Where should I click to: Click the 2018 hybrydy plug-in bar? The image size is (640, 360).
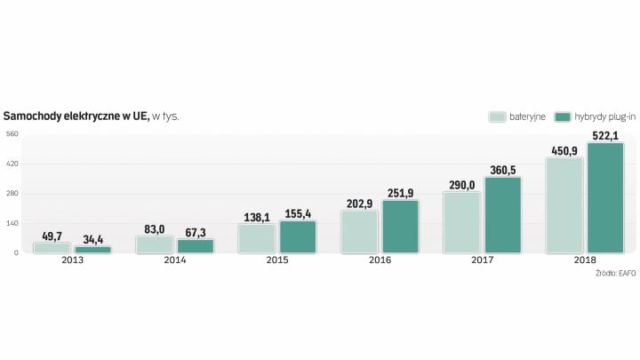pos(605,198)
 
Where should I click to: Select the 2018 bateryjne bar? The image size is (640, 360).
pos(564,205)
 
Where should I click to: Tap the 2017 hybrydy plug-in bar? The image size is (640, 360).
pos(503,215)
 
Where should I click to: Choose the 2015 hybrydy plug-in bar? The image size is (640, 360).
pos(298,236)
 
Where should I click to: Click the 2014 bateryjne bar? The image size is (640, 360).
pos(155,244)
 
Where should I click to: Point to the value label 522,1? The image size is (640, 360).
pos(604,136)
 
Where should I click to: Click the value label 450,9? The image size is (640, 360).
pos(564,151)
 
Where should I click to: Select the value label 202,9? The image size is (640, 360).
pos(359,204)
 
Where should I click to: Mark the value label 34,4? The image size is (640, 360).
pos(92,239)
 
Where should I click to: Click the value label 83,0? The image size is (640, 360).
pos(154,228)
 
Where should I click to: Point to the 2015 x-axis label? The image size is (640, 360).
pos(277,260)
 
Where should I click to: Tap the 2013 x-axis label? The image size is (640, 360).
pos(72,260)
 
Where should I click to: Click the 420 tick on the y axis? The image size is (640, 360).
pos(12,164)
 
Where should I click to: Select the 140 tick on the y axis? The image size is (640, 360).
pos(12,223)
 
